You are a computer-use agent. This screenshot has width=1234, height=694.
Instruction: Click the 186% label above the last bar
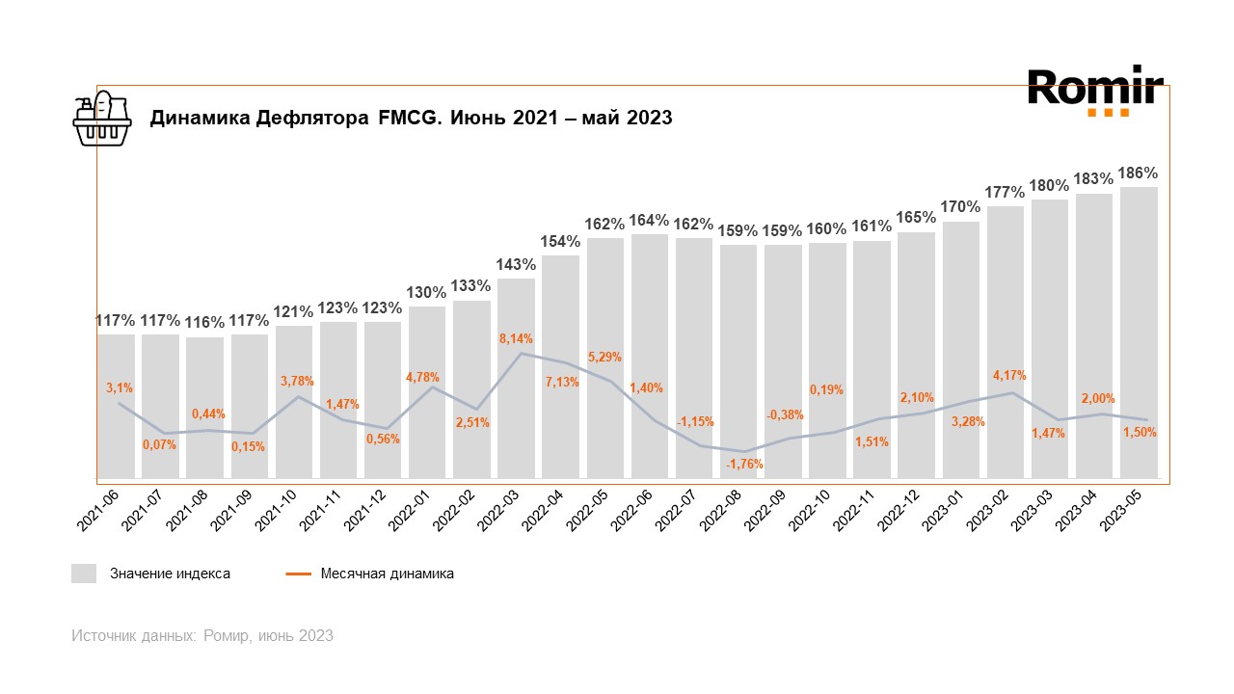point(1139,173)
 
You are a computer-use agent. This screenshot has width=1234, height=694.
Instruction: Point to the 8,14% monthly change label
point(516,338)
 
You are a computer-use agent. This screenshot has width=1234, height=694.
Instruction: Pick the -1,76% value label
point(744,464)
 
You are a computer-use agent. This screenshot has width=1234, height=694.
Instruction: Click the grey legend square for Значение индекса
point(84,574)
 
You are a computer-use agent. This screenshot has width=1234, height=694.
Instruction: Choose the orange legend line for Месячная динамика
point(298,574)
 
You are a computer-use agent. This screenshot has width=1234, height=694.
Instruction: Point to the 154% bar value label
point(560,241)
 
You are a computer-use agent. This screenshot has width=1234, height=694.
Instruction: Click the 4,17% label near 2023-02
point(1008,375)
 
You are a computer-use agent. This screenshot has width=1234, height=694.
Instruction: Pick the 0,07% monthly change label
point(159,444)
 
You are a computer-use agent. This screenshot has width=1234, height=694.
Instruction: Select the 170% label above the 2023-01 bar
point(961,207)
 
